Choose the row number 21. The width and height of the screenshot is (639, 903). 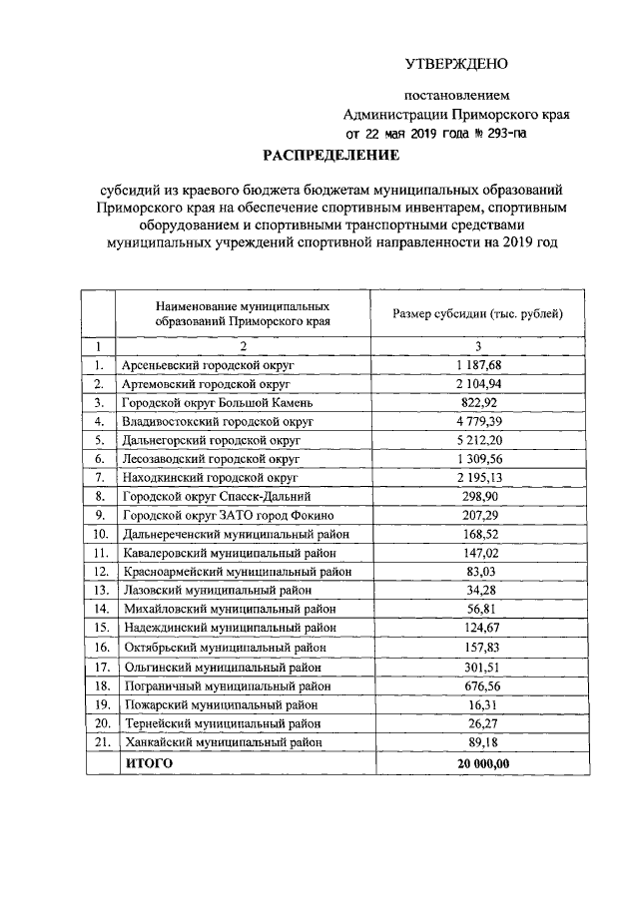point(100,742)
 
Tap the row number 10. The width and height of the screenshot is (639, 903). point(100,535)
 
